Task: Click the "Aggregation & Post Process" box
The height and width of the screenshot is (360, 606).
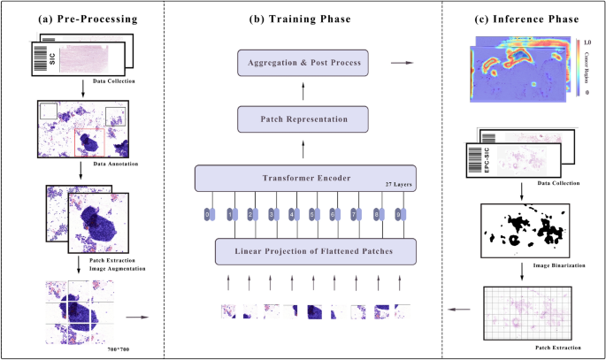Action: (303, 64)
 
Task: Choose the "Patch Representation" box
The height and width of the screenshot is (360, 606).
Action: (303, 118)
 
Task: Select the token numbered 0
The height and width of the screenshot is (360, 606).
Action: (208, 215)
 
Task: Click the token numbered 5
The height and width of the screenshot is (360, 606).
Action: (314, 215)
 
